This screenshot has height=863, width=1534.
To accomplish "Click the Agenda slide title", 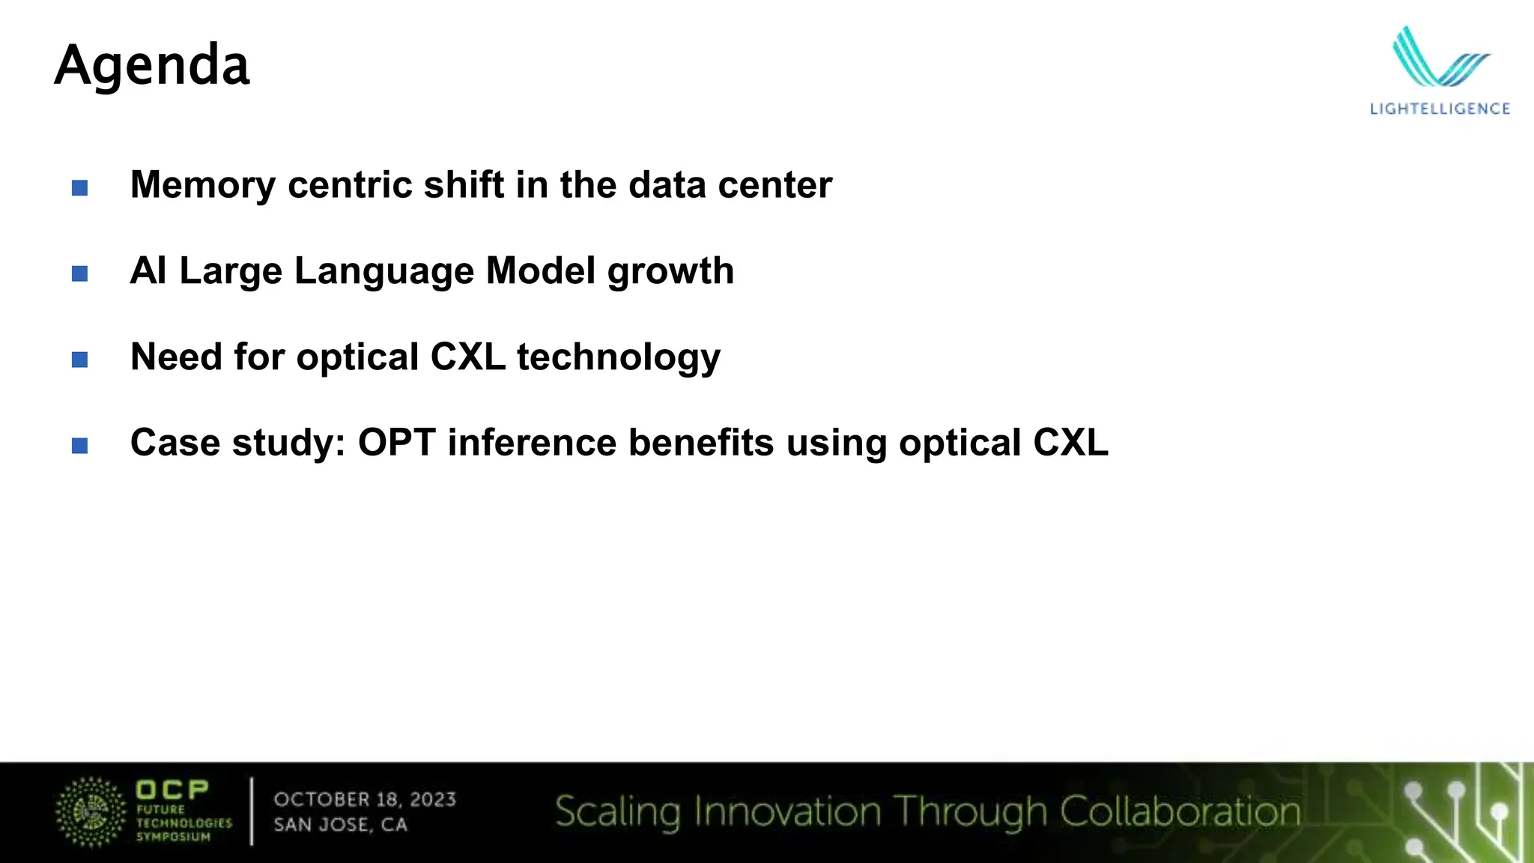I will [152, 66].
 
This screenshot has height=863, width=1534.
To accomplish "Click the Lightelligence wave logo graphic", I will [1439, 58].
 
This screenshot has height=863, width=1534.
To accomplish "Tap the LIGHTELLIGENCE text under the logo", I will [1440, 109].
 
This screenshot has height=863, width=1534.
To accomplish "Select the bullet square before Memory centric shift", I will [79, 187].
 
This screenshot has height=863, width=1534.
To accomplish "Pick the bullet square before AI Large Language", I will [79, 273].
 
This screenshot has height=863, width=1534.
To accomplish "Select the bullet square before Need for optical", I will [79, 360].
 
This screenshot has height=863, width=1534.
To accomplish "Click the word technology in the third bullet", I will [618, 357].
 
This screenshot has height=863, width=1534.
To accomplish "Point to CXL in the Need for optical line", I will [468, 357].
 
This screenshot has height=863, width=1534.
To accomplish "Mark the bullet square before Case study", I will [79, 446].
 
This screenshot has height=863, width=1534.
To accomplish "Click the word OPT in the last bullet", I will [396, 443].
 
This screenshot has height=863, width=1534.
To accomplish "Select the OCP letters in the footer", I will [172, 790].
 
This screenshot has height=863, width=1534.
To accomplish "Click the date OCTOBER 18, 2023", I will [365, 799].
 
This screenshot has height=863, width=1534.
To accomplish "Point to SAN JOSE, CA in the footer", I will [341, 825].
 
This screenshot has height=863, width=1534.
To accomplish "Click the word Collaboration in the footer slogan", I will [1180, 812].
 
